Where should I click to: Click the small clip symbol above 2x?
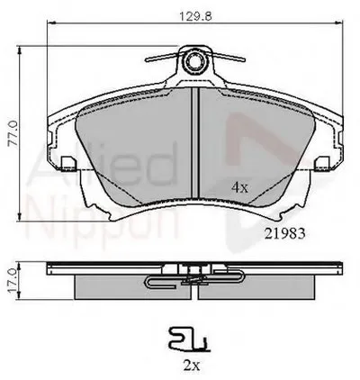click(x=187, y=339)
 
